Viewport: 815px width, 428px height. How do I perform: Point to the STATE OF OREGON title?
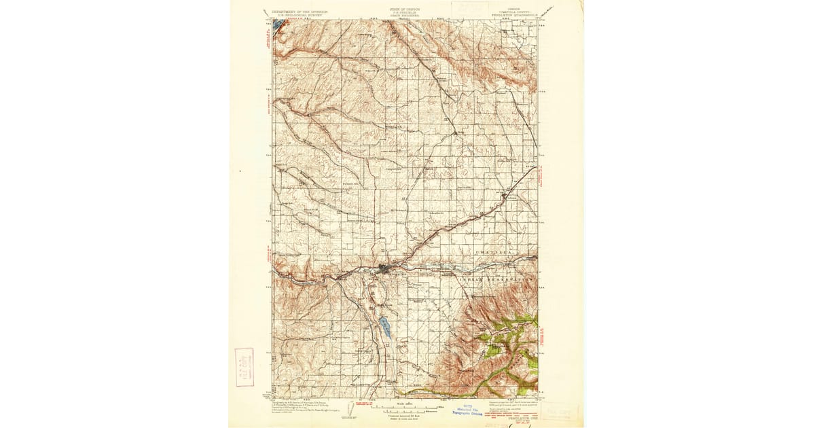(x=405, y=10)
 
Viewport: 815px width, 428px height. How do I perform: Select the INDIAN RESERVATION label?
(x=496, y=279)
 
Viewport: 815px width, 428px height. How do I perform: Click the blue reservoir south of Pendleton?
(x=385, y=327)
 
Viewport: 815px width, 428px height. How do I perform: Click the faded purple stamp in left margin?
(x=244, y=367)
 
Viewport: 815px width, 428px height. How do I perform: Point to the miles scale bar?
(x=404, y=408)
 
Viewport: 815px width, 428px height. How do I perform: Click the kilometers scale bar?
(x=405, y=412)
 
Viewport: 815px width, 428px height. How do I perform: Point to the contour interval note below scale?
(x=405, y=416)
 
